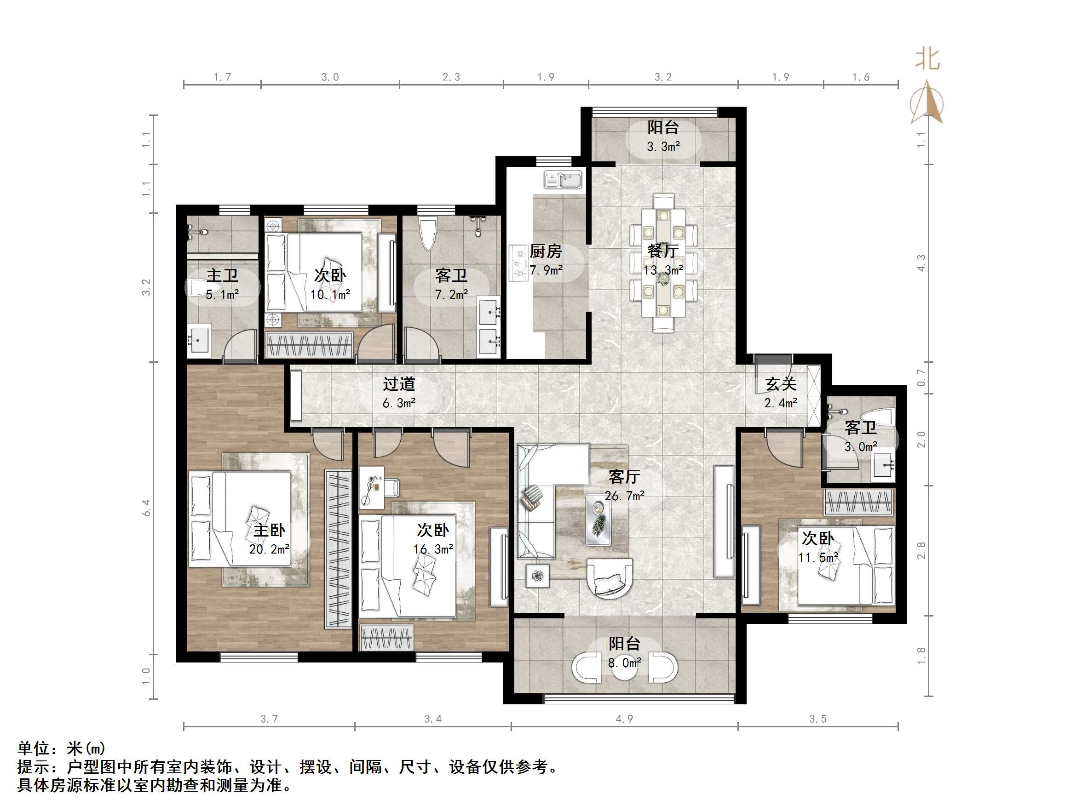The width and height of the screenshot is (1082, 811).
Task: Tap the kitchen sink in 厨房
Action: coord(564,179)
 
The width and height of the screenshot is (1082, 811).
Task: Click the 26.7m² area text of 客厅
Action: coord(624,496)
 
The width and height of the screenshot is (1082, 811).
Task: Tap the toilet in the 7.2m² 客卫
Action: coord(428,233)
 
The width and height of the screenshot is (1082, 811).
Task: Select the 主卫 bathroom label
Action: coord(222,275)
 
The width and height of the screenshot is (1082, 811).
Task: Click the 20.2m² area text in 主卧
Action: coord(269,549)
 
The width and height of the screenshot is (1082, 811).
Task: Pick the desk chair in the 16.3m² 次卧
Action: coord(393,487)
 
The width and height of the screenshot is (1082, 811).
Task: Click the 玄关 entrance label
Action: coord(781,384)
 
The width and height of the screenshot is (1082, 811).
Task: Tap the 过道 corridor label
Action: coord(399,384)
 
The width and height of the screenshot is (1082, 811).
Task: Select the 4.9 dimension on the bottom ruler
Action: coord(624,719)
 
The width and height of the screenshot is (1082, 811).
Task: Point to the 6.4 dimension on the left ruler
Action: coord(146,508)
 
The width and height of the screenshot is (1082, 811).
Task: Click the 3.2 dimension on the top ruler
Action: coord(663,77)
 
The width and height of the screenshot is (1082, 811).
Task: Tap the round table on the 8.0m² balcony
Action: coord(625,669)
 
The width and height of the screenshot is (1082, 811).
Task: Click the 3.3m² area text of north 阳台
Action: coord(663,147)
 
